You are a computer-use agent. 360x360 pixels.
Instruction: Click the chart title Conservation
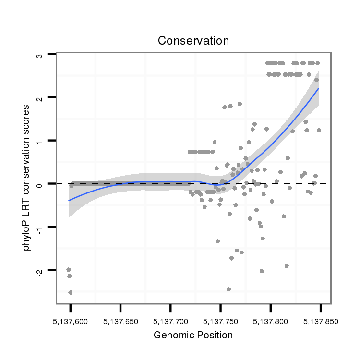click(193, 41)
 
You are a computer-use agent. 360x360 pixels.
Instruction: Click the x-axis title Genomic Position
click(193, 335)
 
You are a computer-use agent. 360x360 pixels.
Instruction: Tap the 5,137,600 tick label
click(70, 321)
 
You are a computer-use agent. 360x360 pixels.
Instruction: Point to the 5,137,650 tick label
click(120, 321)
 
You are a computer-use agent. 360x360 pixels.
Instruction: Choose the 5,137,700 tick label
click(170, 321)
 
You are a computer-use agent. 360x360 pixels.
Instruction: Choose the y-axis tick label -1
click(40, 228)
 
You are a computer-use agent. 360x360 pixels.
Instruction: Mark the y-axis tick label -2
click(40, 271)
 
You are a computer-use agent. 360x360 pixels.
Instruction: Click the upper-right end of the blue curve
click(318, 89)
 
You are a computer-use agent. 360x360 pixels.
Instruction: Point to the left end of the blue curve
click(69, 200)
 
